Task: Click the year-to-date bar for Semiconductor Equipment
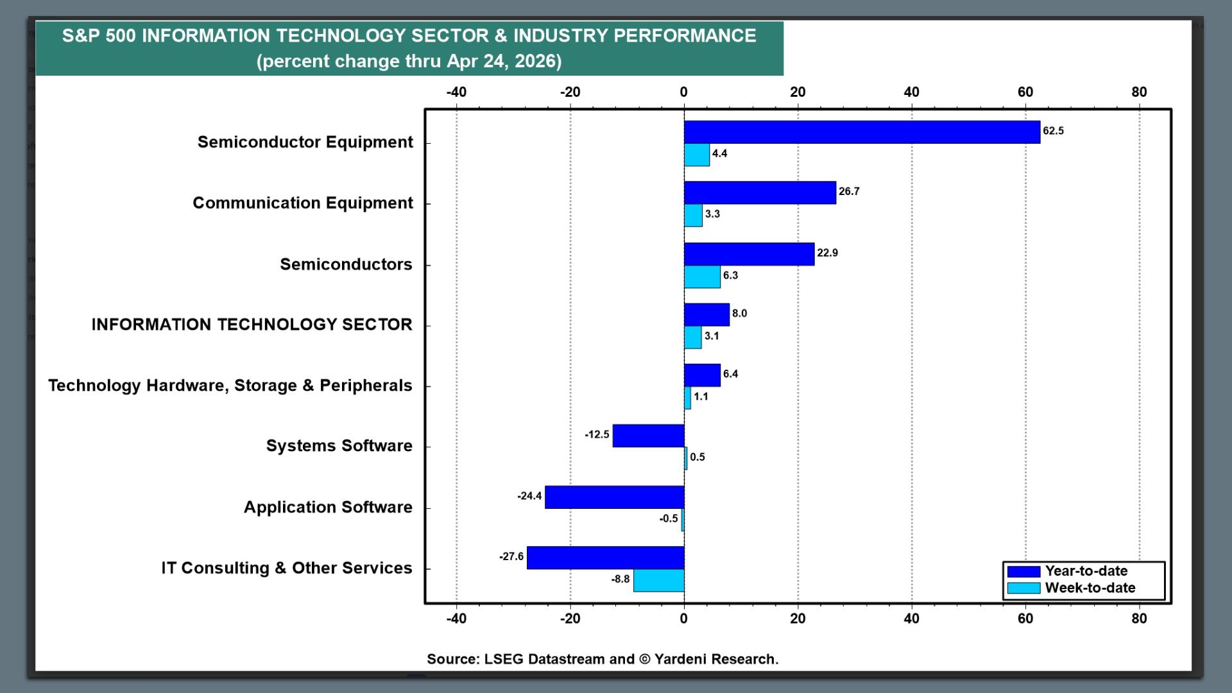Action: [x=861, y=132]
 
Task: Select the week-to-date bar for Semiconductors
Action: [x=702, y=277]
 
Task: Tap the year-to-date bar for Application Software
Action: [x=614, y=497]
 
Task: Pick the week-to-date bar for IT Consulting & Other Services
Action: [x=658, y=580]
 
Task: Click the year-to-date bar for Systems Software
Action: [x=648, y=436]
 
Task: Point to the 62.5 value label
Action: [x=1053, y=131]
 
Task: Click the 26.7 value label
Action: [x=849, y=192]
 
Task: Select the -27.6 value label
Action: [x=511, y=557]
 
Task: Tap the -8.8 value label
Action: [x=620, y=579]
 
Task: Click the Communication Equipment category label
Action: [x=303, y=203]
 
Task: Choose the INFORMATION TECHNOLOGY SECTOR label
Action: [x=252, y=325]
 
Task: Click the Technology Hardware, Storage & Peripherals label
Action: [x=230, y=386]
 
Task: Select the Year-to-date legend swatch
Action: [x=1023, y=571]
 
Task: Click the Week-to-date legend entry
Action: [x=1090, y=588]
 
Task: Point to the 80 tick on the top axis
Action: [x=1139, y=92]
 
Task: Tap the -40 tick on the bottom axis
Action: [x=456, y=619]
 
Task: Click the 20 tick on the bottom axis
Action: [x=798, y=619]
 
